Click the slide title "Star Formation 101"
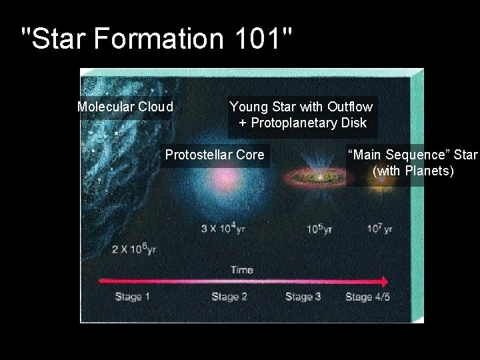[157, 40]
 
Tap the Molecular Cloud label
[125, 107]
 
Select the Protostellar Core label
[215, 155]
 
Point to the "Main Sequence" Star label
[413, 155]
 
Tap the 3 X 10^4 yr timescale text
[223, 229]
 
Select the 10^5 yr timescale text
[319, 229]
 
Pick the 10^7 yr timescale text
[379, 229]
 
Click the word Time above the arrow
[242, 270]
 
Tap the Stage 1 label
[133, 297]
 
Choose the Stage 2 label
[229, 297]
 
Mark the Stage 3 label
[303, 297]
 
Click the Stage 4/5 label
[367, 297]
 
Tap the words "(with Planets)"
[413, 172]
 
